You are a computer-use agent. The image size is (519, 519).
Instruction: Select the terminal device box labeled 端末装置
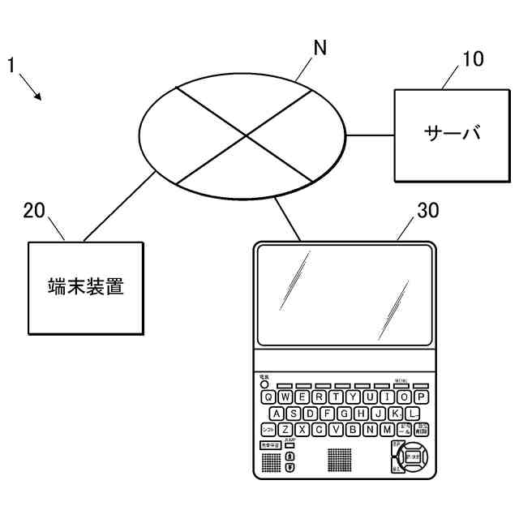[85, 288]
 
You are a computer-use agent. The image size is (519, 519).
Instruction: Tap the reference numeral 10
[472, 58]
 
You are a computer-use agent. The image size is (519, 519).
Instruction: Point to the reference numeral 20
[34, 211]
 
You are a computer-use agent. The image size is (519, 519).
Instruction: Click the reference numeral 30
[427, 211]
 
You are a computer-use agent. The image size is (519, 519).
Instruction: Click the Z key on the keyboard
[285, 430]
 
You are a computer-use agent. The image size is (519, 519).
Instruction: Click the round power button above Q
[264, 384]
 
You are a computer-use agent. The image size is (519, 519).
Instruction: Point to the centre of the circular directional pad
[413, 457]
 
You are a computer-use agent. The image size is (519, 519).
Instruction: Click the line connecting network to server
[371, 135]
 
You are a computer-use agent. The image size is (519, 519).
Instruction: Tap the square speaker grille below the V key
[341, 460]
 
